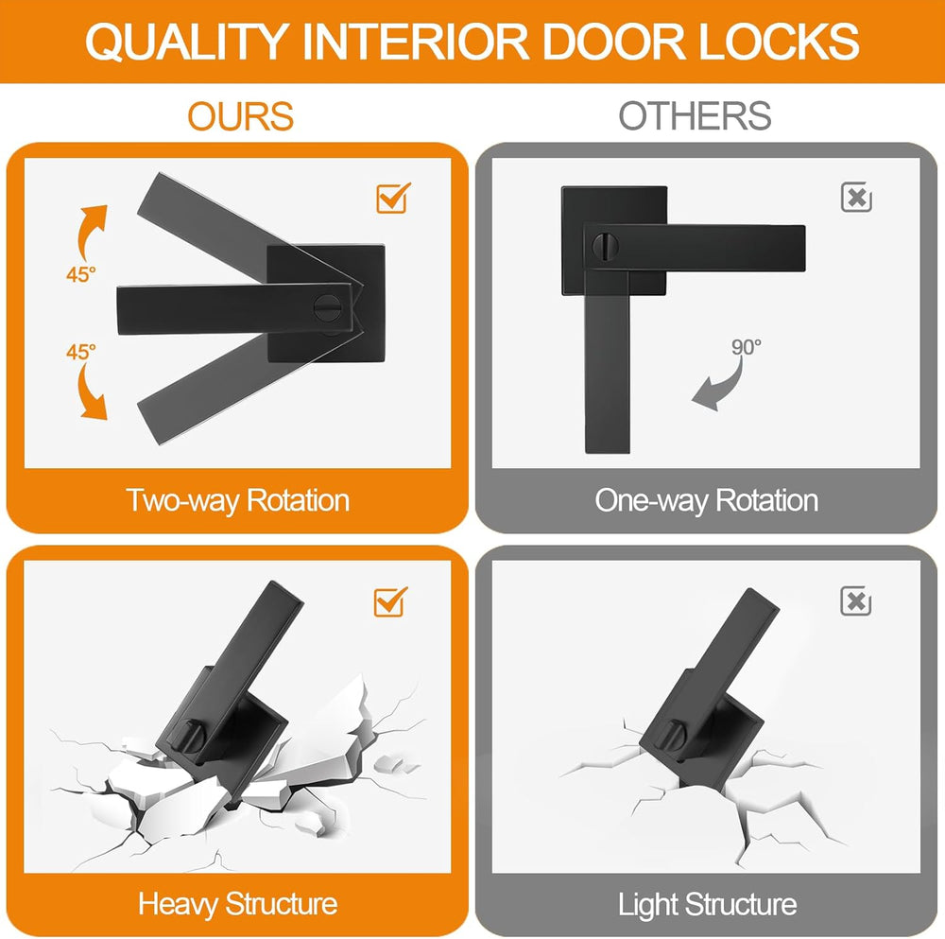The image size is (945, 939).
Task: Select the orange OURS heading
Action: coord(240,116)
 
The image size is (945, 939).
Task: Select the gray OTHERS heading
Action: coord(695,116)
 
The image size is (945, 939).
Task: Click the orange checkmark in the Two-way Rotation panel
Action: coord(392,197)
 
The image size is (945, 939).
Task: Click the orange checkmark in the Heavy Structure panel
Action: coord(390,600)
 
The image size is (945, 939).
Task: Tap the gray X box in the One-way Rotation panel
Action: coord(856,198)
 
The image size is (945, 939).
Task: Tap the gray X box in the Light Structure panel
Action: coord(856,600)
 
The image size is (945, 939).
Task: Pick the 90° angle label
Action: coord(746,346)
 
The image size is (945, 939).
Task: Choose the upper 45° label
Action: coord(81,274)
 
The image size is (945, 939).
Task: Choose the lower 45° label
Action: coord(81,351)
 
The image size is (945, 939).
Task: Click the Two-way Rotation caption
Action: coord(238,499)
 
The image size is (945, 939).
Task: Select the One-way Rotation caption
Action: coord(706,499)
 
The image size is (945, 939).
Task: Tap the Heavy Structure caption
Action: coord(238,903)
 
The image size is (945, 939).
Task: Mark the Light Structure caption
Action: coord(707,903)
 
